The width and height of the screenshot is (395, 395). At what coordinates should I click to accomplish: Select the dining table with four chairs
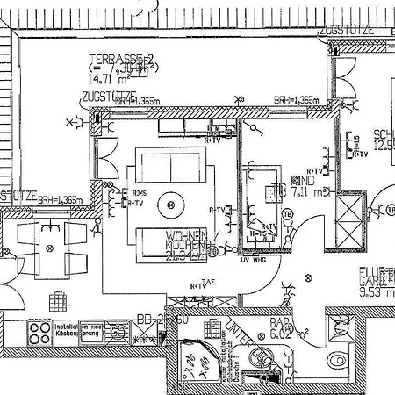click(50, 248)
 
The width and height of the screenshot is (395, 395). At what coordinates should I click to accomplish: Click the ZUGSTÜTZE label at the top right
click(348, 29)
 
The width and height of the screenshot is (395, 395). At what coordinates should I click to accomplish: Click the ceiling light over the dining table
click(50, 249)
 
